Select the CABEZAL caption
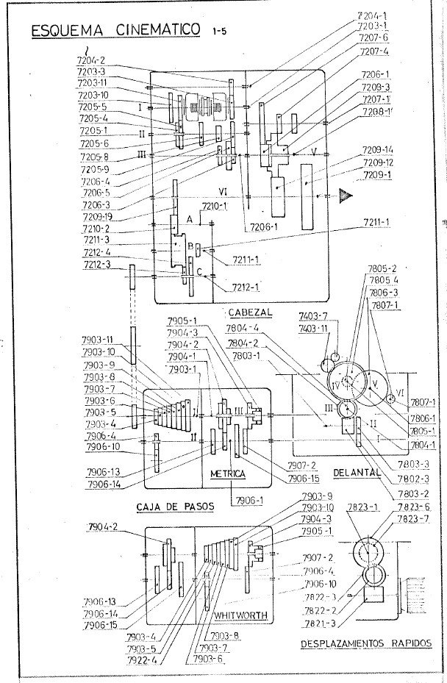coord(249,312)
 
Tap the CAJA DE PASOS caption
coord(171,507)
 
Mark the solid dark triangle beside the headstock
coord(345,196)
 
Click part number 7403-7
coord(313,315)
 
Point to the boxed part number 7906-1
coord(245,500)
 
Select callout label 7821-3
coord(320,623)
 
